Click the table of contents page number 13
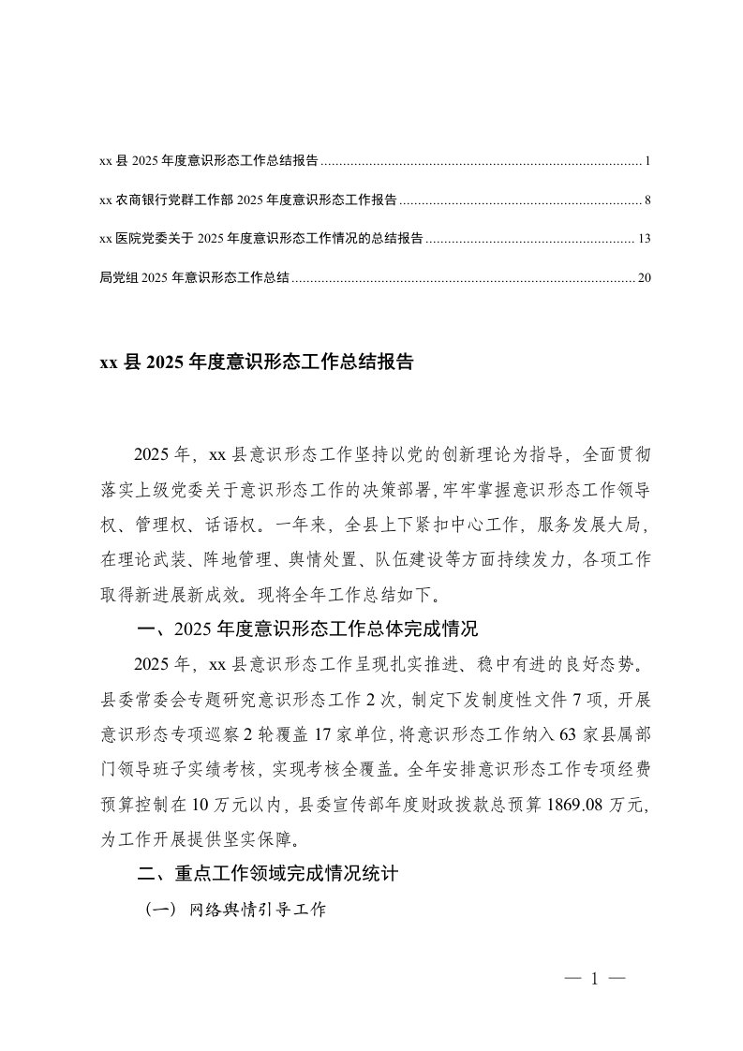[643, 239]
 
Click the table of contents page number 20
[643, 277]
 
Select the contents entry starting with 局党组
[194, 277]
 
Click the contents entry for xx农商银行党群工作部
[247, 200]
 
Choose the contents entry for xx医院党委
[260, 239]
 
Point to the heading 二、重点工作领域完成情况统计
[268, 874]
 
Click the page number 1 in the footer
[595, 980]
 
